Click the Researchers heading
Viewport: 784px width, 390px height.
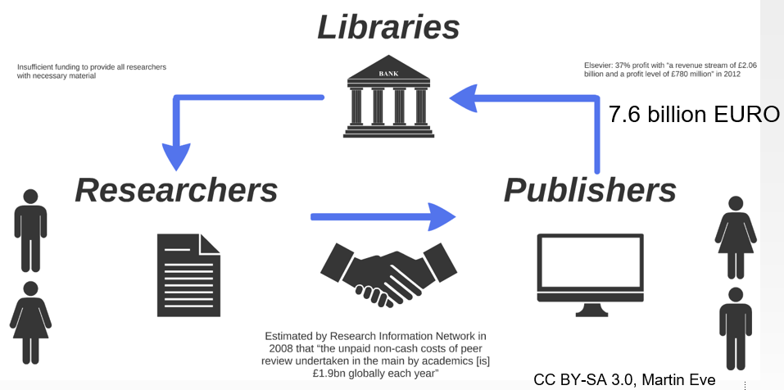pyautogui.click(x=176, y=190)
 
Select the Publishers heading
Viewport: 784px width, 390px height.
pyautogui.click(x=590, y=190)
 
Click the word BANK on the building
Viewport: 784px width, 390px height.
pyautogui.click(x=389, y=75)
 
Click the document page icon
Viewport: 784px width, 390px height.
pyautogui.click(x=188, y=274)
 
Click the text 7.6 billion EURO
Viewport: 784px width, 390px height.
pyautogui.click(x=694, y=115)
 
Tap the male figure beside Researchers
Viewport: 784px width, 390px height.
pyautogui.click(x=31, y=229)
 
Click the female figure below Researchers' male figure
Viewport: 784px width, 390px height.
pyautogui.click(x=31, y=323)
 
